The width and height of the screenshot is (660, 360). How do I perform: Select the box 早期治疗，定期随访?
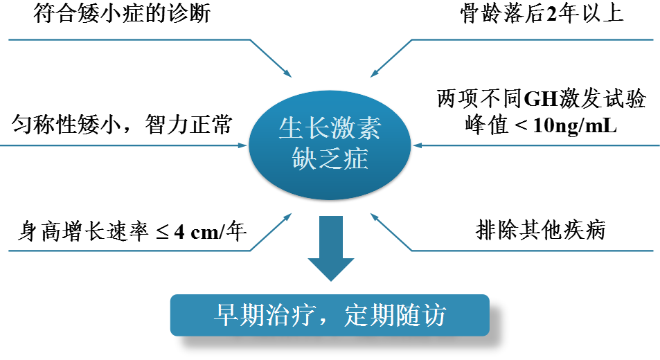click(330, 316)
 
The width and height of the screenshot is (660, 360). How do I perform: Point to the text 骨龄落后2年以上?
click(542, 15)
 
